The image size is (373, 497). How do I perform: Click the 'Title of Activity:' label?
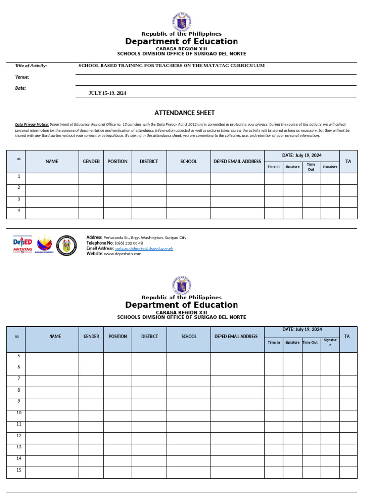31,66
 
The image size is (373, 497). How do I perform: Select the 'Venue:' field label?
22,77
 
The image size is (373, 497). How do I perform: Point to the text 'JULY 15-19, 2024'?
107,93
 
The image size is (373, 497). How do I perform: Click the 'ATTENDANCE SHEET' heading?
185,113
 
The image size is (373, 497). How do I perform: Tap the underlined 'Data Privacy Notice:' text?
32,125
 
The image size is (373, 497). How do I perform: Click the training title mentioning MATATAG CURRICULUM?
171,66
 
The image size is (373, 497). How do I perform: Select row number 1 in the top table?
19,176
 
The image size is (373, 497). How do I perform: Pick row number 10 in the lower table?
19,413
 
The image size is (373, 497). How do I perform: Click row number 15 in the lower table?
19,470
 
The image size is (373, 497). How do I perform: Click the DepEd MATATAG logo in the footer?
22,245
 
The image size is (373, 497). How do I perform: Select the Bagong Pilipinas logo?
45,244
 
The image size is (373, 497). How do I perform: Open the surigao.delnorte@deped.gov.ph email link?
144,248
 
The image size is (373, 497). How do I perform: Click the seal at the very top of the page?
182,22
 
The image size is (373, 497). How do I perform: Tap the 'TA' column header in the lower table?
347,336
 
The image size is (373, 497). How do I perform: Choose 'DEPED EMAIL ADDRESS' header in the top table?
237,161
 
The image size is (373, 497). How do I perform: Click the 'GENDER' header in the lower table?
91,336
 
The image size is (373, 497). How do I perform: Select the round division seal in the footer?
67,246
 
